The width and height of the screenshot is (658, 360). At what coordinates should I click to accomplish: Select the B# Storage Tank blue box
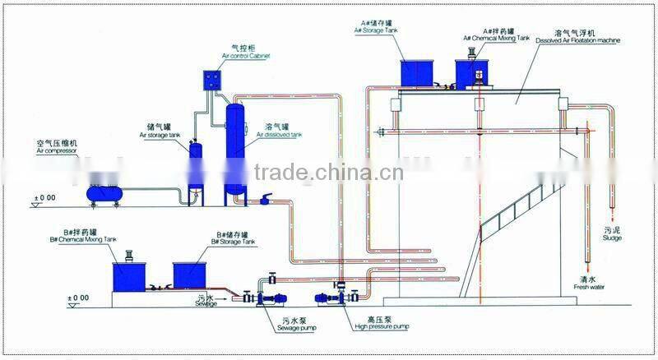click(x=192, y=275)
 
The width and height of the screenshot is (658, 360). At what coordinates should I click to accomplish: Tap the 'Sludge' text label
click(x=612, y=238)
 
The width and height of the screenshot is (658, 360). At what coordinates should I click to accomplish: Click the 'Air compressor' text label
click(x=56, y=152)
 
